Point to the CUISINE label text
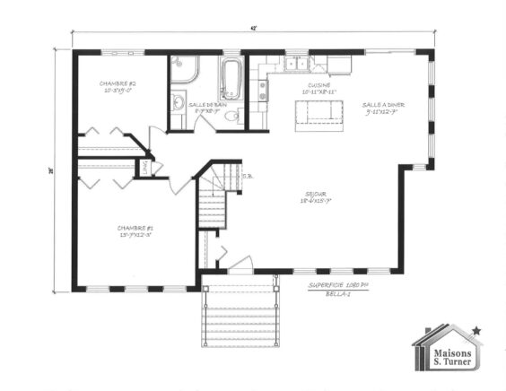click(x=318, y=88)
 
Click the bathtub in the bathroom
click(x=231, y=79)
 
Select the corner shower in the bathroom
click(x=182, y=68)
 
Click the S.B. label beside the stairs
click(x=247, y=176)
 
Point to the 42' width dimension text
click(x=254, y=29)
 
